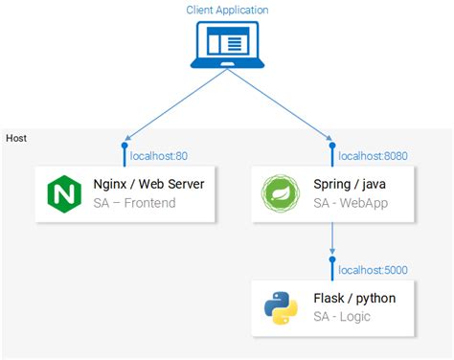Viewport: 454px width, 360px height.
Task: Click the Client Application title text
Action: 227,10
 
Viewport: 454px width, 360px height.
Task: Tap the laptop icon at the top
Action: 227,47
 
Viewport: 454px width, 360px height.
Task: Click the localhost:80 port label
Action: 158,155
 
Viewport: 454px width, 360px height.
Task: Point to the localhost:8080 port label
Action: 374,155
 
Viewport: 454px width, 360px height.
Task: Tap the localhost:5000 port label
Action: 374,269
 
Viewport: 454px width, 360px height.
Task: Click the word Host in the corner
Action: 16,138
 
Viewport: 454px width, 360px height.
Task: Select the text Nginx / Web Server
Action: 148,185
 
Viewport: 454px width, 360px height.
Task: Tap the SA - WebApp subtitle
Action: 352,203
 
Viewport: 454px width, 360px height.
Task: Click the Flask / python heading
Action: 354,299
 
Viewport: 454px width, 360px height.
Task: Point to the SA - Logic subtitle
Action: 342,317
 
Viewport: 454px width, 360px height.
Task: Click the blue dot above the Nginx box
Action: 124,146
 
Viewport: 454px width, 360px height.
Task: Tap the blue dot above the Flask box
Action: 331,260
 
